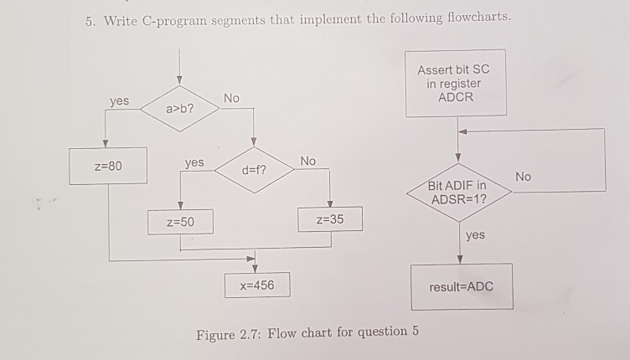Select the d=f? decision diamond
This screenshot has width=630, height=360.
tap(254, 171)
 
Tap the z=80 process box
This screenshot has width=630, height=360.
tap(108, 166)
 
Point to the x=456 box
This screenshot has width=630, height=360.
tap(257, 285)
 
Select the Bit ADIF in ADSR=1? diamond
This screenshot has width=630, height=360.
tap(457, 192)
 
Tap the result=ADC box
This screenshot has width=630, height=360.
tap(461, 286)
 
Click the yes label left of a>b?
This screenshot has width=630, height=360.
tap(119, 100)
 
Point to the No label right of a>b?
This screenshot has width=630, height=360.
tap(231, 99)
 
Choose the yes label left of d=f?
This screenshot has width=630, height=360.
tap(194, 162)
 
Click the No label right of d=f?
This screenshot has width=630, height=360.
tap(308, 160)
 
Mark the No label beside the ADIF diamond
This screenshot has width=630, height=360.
tap(524, 177)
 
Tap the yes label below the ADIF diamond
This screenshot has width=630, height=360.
tap(474, 235)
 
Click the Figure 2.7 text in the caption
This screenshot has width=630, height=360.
tap(230, 334)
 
